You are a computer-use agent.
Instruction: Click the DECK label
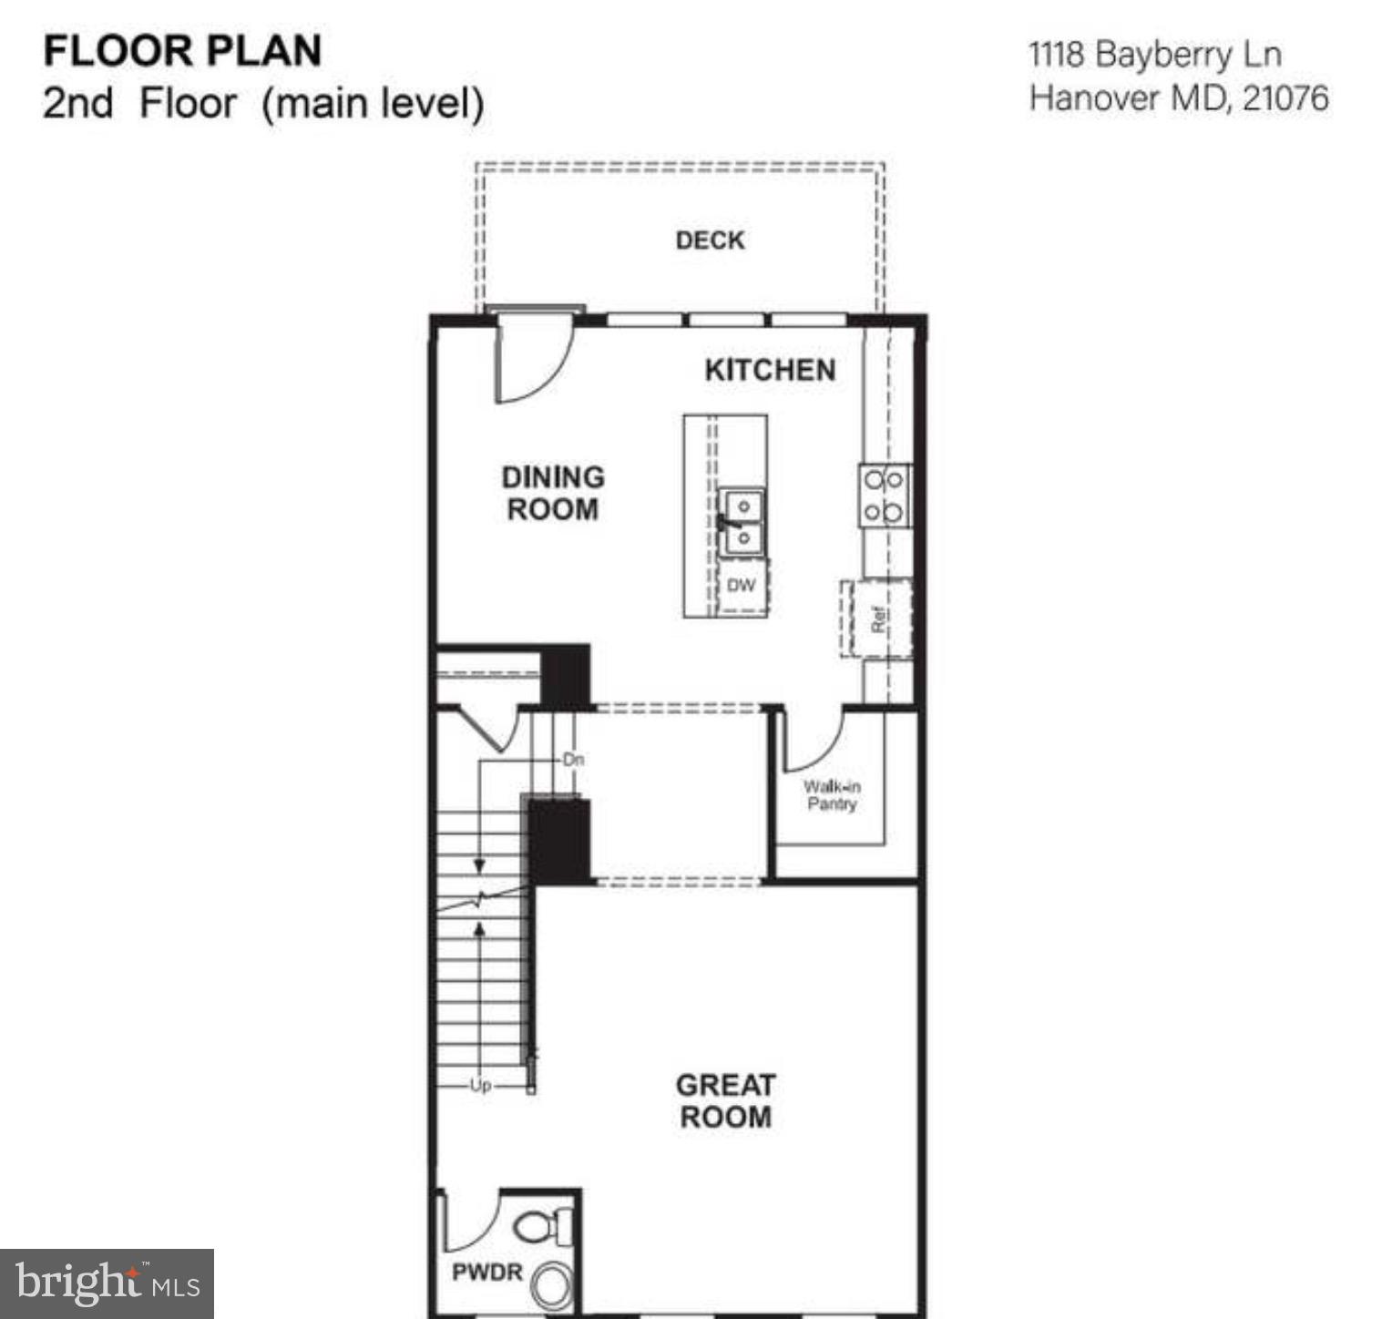(710, 240)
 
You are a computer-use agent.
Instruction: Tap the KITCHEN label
(770, 370)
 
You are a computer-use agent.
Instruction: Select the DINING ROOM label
(553, 493)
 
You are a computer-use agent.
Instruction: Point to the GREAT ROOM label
(725, 1100)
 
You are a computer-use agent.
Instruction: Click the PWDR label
(487, 1272)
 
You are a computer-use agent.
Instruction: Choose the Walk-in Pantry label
(831, 795)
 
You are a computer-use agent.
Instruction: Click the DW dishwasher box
(742, 586)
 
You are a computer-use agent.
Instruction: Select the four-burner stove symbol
(884, 496)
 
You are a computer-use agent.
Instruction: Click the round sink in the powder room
(552, 1285)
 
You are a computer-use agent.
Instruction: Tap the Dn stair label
(573, 759)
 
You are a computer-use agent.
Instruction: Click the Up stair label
(480, 1085)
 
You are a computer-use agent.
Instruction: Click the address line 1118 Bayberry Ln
(1155, 55)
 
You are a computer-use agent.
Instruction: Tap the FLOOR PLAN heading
(182, 51)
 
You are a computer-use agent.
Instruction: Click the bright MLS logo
(107, 1283)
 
